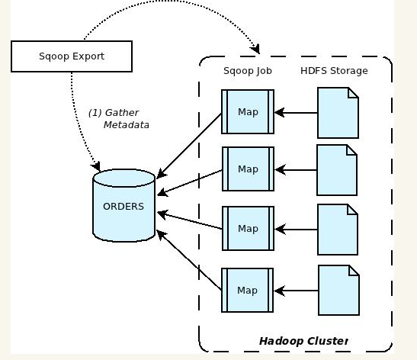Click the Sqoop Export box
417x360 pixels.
tap(72, 56)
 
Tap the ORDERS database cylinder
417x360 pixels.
tap(124, 205)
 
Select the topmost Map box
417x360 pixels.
tap(248, 112)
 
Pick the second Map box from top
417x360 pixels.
tap(248, 169)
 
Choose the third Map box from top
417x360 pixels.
tap(248, 229)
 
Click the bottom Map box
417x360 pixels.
tap(247, 291)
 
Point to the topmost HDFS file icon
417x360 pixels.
tap(338, 113)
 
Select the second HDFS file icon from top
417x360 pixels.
tap(337, 170)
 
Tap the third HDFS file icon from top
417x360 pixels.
tap(338, 230)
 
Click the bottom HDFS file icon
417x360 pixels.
tap(339, 291)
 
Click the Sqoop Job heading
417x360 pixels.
tap(248, 71)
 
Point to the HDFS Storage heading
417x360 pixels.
tap(334, 71)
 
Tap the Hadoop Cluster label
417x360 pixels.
tap(303, 341)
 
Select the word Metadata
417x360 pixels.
tap(127, 125)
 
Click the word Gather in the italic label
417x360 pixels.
tap(122, 113)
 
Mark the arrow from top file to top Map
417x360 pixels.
tap(296, 113)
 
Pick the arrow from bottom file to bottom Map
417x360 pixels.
tap(296, 291)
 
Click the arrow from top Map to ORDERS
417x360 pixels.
tap(189, 146)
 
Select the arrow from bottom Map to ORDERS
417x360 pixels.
tap(189, 260)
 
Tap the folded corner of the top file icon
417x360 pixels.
tap(354, 92)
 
